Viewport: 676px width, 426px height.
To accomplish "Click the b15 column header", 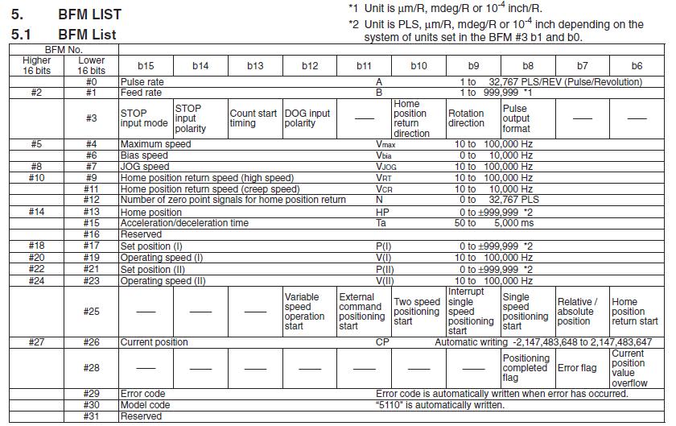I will [146, 66].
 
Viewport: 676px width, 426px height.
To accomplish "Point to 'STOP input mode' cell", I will [145, 118].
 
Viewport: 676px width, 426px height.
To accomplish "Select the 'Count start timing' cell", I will [254, 118].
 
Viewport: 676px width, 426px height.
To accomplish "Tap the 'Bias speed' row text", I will [144, 155].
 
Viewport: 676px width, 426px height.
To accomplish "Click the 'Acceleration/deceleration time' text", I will [184, 222].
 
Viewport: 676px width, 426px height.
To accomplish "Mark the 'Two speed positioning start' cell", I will [417, 312].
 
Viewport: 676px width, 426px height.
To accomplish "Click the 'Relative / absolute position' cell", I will [581, 312].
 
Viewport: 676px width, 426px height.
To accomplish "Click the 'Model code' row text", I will [145, 404].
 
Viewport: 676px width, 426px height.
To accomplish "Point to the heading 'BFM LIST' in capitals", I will [89, 14].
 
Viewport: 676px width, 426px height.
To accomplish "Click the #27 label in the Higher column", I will [36, 341].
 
